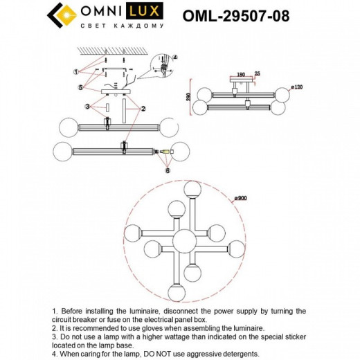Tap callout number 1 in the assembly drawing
click(75, 71)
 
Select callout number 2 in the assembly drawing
click(143, 109)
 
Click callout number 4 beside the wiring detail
click(174, 57)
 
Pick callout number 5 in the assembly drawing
click(81, 87)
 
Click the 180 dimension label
click(240, 73)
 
